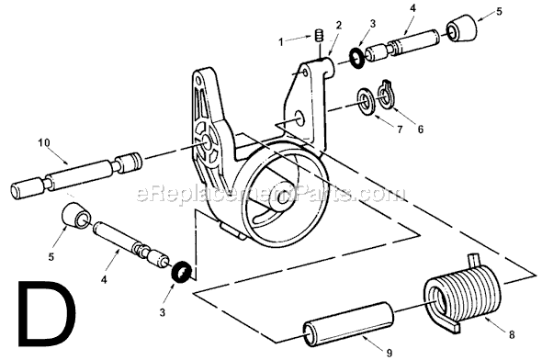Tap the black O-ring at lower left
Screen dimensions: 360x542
pos(184,272)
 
